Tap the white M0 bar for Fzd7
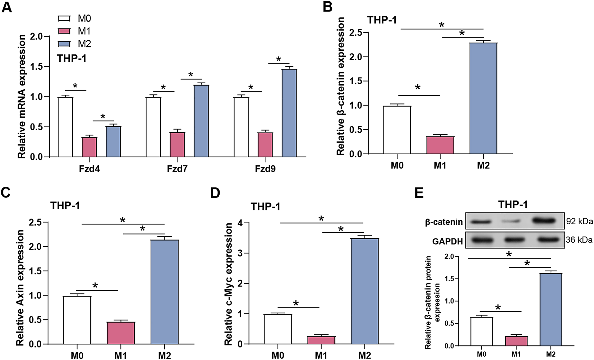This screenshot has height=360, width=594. [x=153, y=127]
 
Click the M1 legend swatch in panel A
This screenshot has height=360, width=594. [x=64, y=31]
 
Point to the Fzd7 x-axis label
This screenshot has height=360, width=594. [x=177, y=168]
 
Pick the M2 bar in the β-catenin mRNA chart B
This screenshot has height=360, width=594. [x=483, y=98]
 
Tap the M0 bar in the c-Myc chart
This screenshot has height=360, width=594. [x=278, y=329]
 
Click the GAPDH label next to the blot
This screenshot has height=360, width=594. [x=447, y=241]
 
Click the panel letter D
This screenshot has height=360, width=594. [x=215, y=193]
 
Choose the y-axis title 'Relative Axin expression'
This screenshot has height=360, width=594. [x=20, y=288]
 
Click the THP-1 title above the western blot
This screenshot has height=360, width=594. [x=513, y=204]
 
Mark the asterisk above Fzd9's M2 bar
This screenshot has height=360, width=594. [x=279, y=60]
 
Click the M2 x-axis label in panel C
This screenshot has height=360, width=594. [x=164, y=355]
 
